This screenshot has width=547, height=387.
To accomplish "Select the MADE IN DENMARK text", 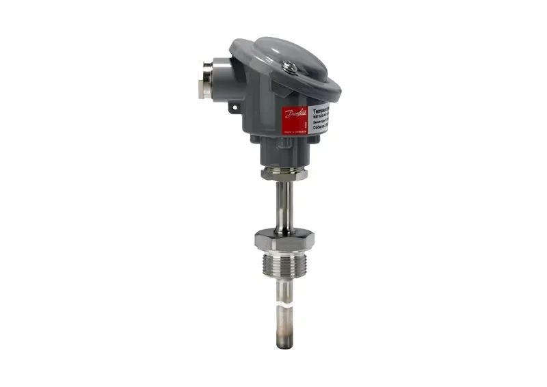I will [x=295, y=135].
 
